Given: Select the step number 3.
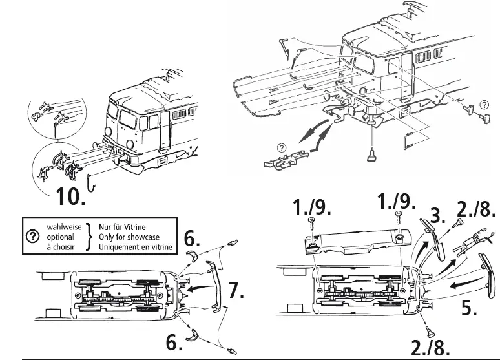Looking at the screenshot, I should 439,216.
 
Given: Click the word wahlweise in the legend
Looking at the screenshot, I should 60,228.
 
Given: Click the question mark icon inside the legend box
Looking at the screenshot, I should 30,237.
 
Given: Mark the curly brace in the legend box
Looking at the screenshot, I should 89,237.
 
